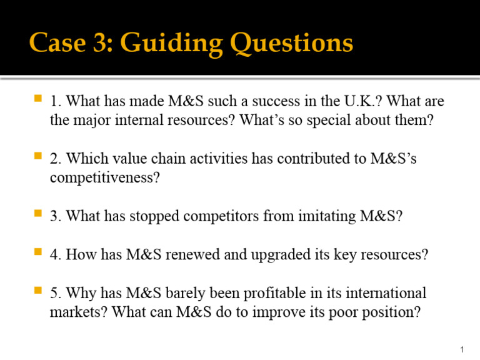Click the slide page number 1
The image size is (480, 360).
(x=461, y=349)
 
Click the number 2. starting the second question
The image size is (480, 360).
(x=56, y=159)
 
